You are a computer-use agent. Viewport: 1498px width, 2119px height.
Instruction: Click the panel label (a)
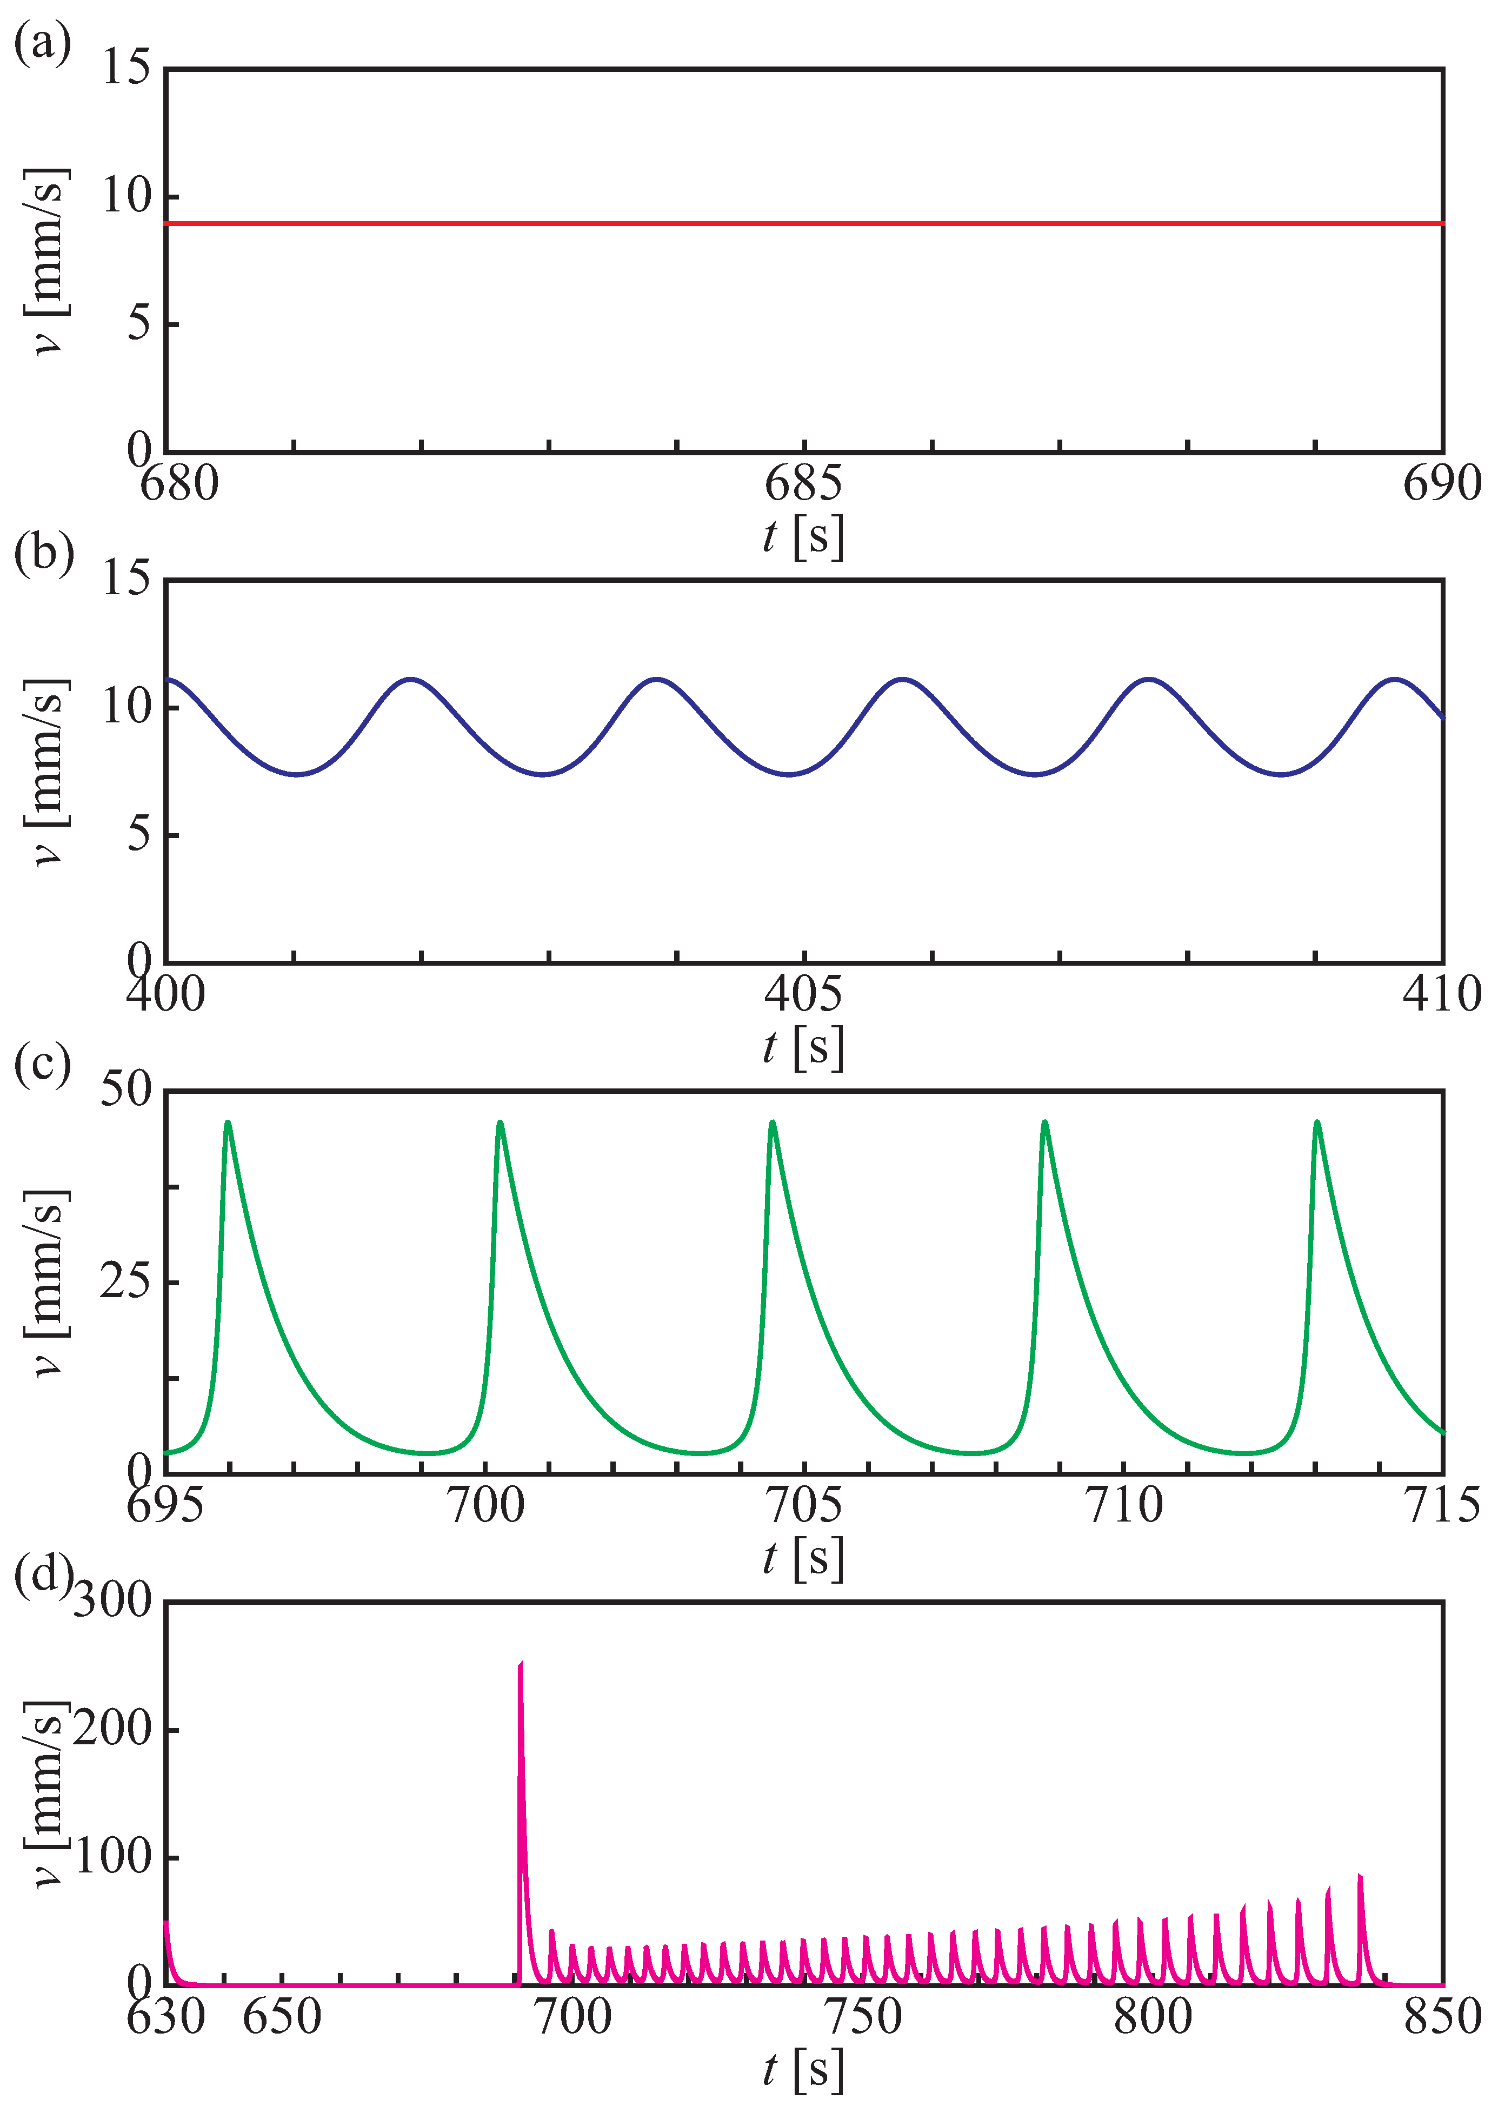pyautogui.click(x=42, y=43)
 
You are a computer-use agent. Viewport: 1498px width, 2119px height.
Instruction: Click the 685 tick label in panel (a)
pyautogui.click(x=803, y=483)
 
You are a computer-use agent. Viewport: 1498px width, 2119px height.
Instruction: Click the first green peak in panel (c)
pyautogui.click(x=228, y=1122)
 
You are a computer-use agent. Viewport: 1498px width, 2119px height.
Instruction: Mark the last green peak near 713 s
pyautogui.click(x=1317, y=1122)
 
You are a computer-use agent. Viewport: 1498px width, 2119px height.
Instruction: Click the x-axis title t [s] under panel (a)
pyautogui.click(x=803, y=535)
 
